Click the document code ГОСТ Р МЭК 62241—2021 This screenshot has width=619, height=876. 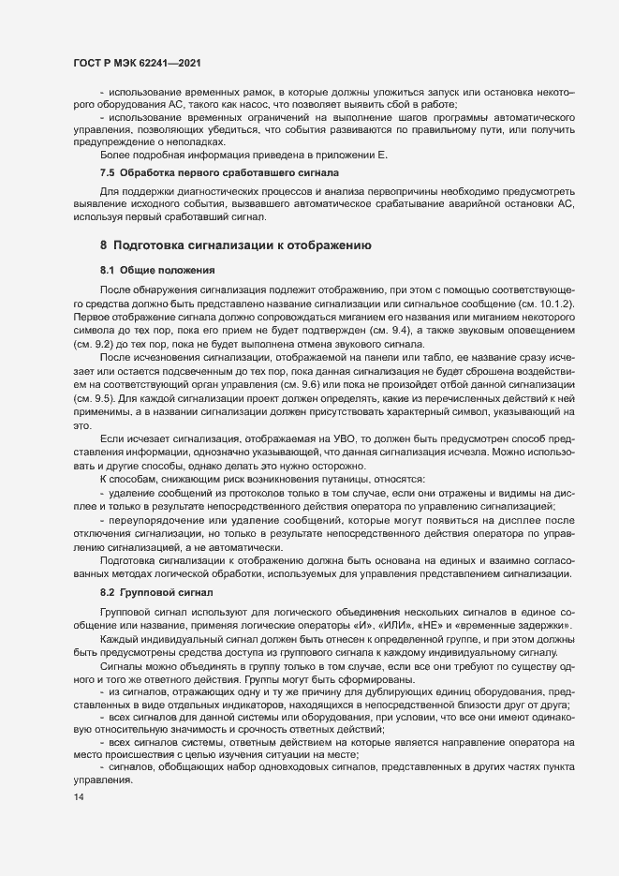(136, 63)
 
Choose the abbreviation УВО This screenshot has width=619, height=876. (304, 439)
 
